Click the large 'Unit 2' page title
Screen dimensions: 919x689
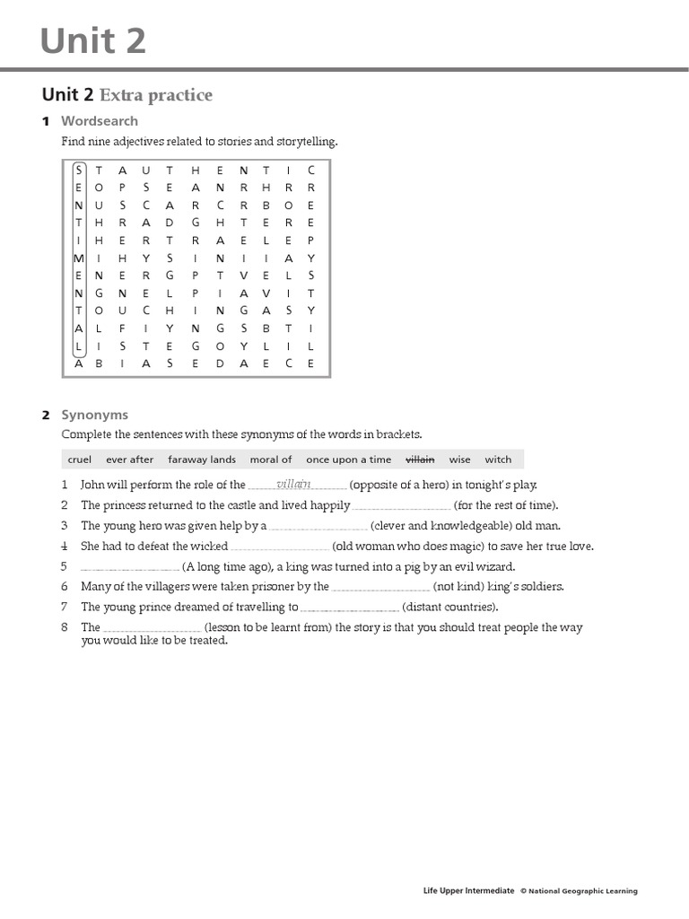click(x=93, y=40)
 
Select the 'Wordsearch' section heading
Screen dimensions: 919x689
click(x=100, y=120)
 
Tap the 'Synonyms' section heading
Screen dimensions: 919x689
click(x=94, y=415)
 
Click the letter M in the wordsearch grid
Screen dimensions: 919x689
click(x=79, y=257)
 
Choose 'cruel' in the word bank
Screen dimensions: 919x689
click(x=80, y=459)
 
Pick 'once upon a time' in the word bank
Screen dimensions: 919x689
click(x=348, y=459)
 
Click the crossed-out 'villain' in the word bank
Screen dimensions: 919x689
click(x=420, y=459)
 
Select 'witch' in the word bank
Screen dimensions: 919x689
click(x=498, y=459)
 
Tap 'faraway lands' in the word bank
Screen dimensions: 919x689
click(x=202, y=459)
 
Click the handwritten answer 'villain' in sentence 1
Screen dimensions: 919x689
click(x=294, y=484)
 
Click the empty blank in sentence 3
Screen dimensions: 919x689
click(x=318, y=527)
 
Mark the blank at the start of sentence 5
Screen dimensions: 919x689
click(x=130, y=567)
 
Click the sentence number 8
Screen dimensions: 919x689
click(x=65, y=627)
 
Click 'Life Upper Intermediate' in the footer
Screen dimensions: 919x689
click(x=468, y=891)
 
